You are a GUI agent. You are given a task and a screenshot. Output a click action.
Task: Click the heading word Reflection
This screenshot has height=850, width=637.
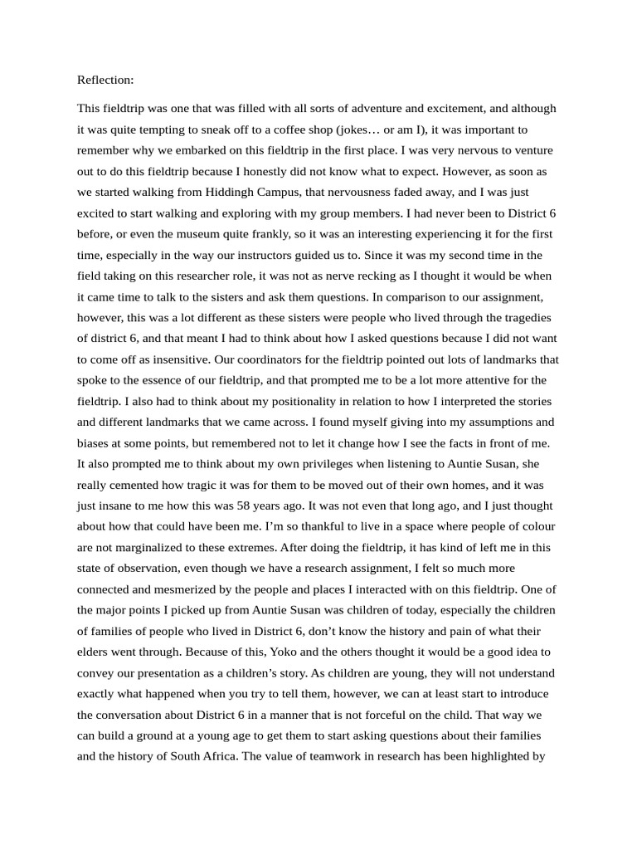coord(105,81)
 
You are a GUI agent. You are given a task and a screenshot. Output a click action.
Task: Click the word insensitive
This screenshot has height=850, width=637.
coord(206,359)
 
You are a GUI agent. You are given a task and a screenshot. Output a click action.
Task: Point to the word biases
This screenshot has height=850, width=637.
coord(94,443)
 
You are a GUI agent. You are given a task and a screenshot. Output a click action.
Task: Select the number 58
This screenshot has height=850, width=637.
coord(283,506)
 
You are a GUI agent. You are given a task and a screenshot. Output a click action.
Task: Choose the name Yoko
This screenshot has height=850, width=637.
coord(247,652)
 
